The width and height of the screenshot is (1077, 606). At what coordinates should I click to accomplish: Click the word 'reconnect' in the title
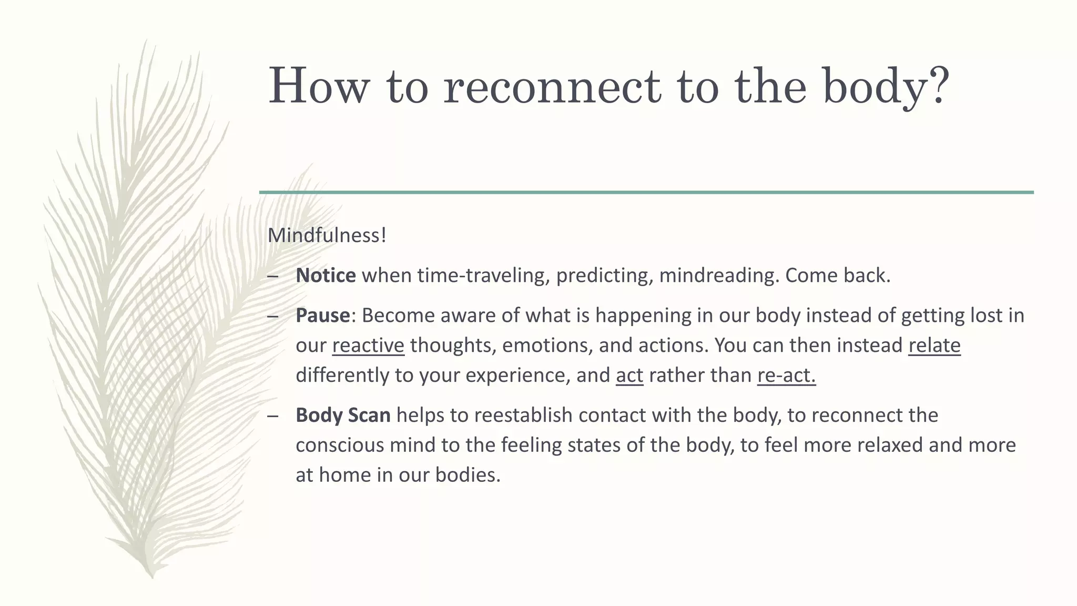[552, 86]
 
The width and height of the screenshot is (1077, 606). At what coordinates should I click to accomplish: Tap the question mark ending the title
[937, 84]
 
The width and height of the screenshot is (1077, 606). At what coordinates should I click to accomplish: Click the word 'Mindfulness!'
[327, 235]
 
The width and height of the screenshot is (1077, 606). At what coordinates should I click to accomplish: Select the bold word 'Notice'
[326, 275]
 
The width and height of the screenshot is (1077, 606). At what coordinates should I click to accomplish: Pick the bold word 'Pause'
[322, 315]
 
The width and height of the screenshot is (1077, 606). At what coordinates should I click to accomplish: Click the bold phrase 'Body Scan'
[343, 415]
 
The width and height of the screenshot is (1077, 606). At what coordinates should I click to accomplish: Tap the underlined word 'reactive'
[368, 345]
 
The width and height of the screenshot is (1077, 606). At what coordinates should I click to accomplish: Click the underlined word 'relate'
[934, 345]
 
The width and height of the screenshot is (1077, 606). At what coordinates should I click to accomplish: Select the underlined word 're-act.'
[786, 375]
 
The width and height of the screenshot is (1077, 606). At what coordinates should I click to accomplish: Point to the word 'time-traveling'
[483, 275]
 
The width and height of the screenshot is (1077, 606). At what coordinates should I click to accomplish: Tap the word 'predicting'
[604, 275]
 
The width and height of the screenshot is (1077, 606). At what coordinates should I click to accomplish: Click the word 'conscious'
[340, 445]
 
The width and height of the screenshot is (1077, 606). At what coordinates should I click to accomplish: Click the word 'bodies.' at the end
[468, 475]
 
